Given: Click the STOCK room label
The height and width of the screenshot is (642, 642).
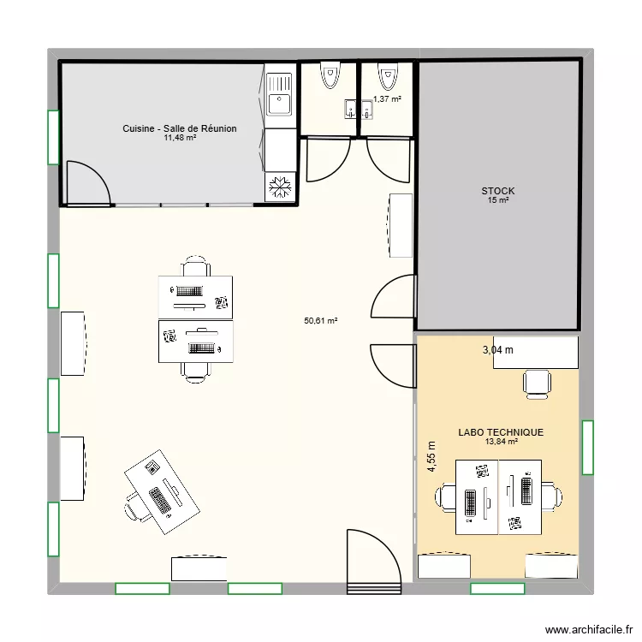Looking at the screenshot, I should [x=498, y=190].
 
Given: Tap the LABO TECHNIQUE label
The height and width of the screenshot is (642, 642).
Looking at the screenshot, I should [x=501, y=433].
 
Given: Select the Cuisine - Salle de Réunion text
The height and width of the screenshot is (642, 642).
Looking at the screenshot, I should [x=180, y=128].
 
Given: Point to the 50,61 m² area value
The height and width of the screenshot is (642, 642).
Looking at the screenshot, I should [x=321, y=321].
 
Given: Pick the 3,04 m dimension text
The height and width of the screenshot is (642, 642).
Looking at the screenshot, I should [x=498, y=349].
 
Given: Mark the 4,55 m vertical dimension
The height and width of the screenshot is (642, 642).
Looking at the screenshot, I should [x=431, y=462].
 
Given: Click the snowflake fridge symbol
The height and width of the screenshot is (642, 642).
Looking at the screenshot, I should [x=280, y=188].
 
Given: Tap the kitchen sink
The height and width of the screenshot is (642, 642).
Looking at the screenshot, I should [x=279, y=104].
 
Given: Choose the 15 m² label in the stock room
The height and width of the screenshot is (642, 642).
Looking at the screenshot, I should [x=498, y=200].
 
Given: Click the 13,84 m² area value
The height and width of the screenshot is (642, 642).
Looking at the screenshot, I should [x=501, y=443].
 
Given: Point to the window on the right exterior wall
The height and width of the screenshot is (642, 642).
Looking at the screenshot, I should [x=587, y=447].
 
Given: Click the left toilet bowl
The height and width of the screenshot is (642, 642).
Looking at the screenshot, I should [x=330, y=77].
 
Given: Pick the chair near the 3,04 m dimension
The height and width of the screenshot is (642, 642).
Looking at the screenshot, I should [x=537, y=383].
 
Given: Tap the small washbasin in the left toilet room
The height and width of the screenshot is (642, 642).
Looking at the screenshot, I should [x=351, y=109].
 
